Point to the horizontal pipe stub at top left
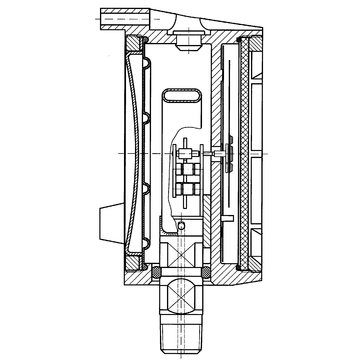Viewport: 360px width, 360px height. click(x=121, y=18)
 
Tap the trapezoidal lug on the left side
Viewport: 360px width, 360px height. click(x=109, y=216)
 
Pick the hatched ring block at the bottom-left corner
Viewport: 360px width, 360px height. click(x=131, y=262)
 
